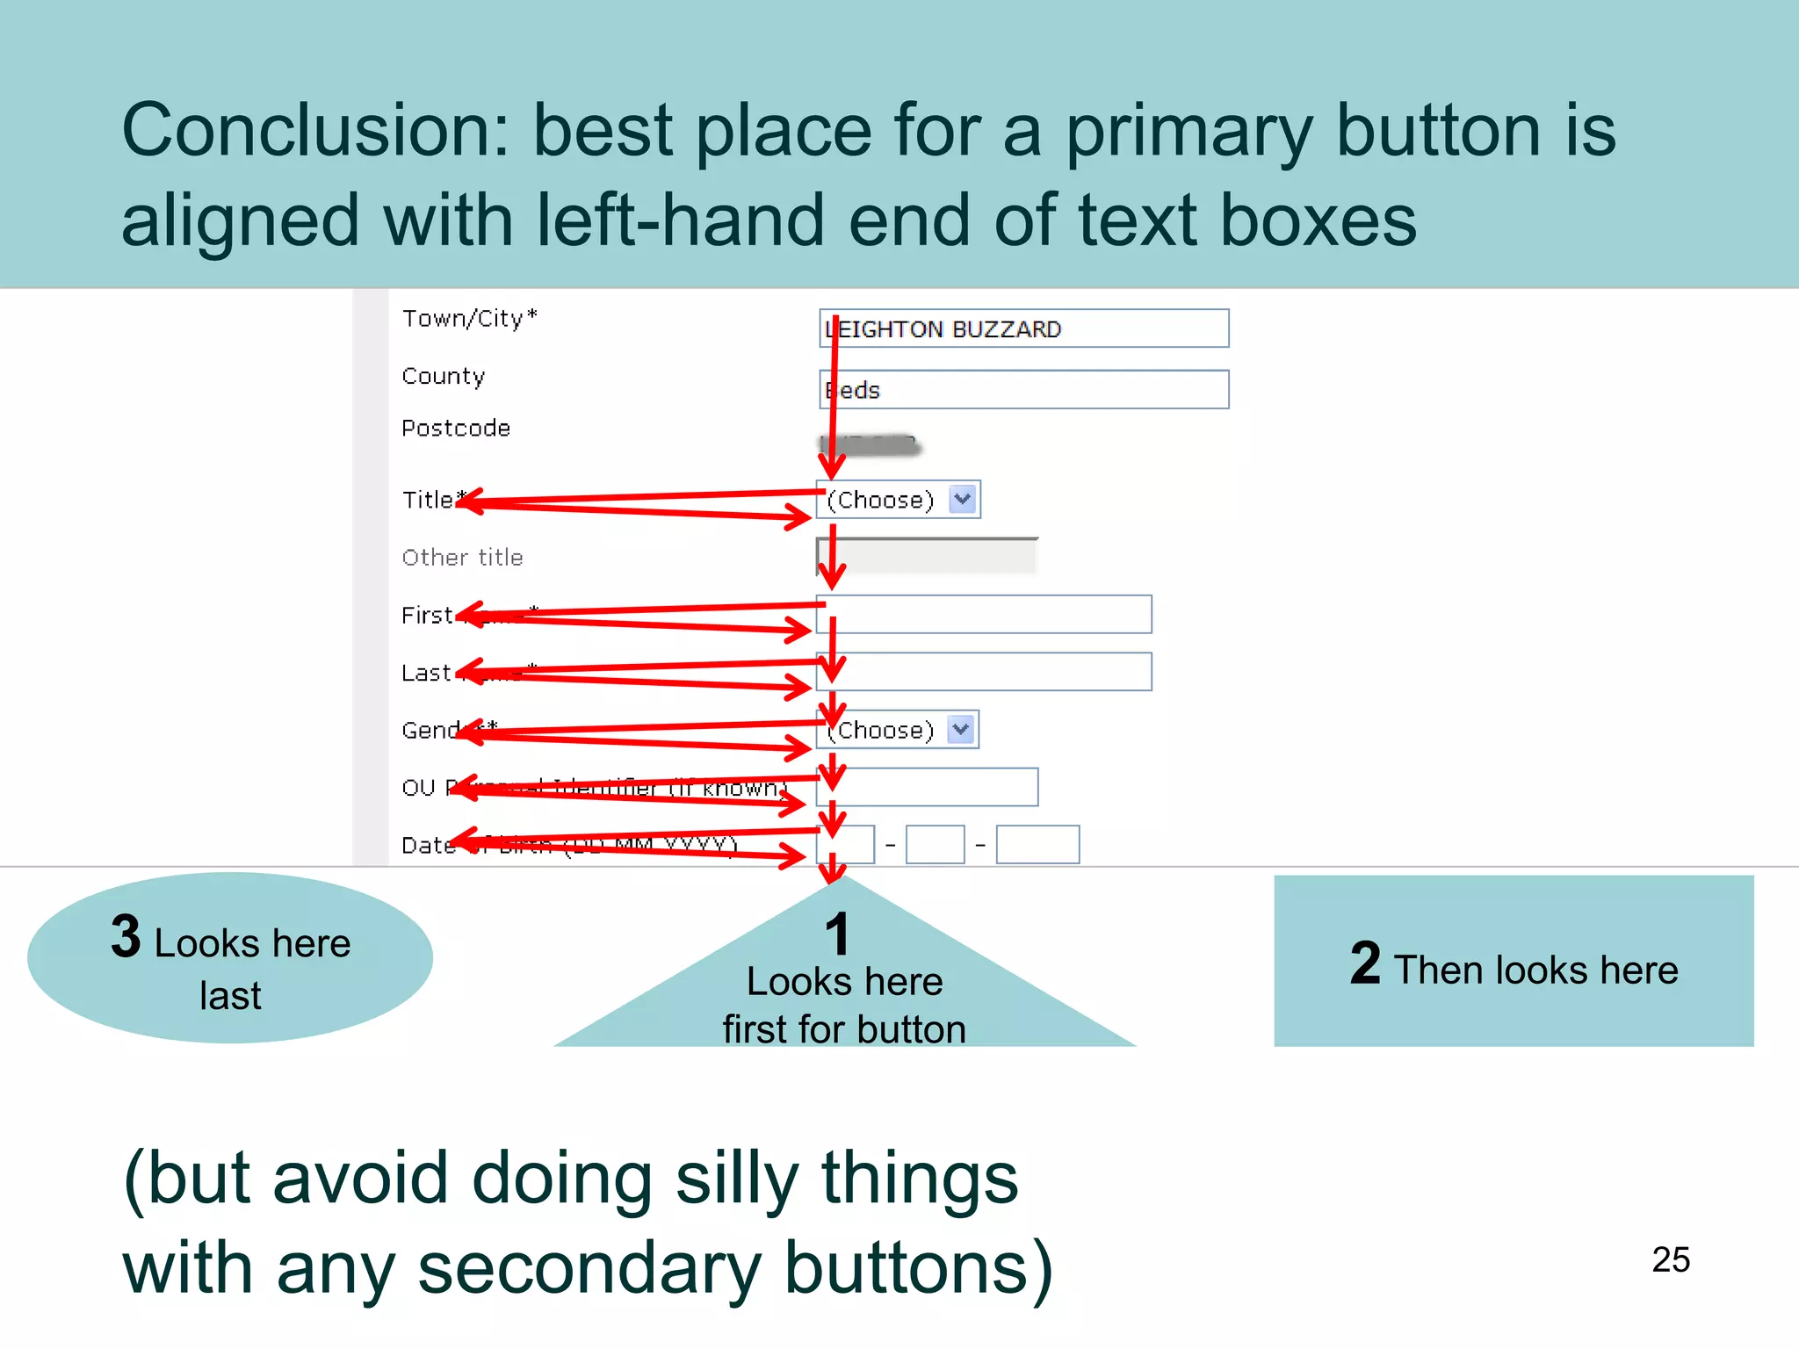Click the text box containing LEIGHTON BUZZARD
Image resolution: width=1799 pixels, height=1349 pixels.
tap(1023, 328)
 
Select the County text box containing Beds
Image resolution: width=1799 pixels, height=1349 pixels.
tap(1023, 390)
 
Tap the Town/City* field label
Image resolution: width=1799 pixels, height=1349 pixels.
tap(469, 318)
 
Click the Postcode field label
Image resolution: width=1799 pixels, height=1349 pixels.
tap(455, 429)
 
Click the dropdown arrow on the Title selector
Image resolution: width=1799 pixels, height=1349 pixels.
tap(963, 500)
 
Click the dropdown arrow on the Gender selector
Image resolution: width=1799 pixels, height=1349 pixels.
tap(961, 730)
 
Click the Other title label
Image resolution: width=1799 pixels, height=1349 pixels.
tap(462, 558)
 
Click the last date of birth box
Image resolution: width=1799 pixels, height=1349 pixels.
tap(1037, 845)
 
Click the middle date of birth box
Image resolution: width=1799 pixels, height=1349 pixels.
tap(935, 845)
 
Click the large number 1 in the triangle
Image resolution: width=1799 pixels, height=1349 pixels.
tap(837, 934)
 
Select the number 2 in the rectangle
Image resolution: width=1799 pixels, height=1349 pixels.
tap(1365, 963)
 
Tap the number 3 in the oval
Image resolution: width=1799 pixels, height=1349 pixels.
tap(126, 936)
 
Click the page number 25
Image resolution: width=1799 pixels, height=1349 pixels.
tap(1670, 1259)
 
